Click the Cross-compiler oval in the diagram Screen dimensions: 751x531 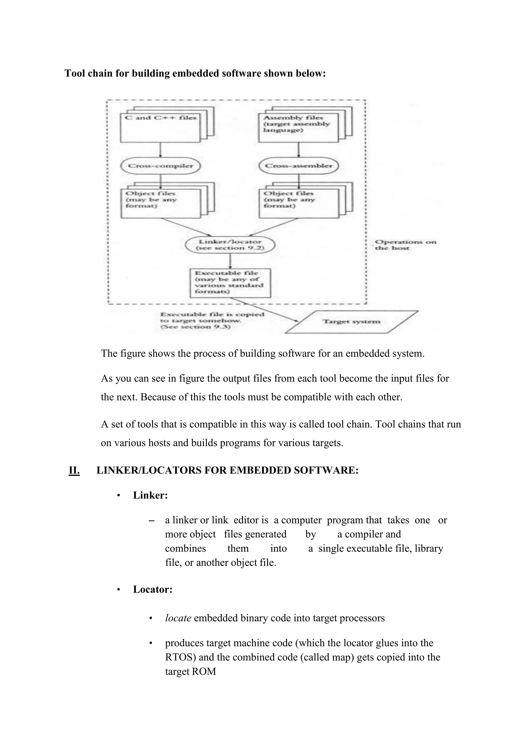[x=160, y=166]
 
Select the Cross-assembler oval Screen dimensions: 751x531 [x=298, y=166]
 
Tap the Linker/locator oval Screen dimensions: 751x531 [x=230, y=245]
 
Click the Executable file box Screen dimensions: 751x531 [x=230, y=283]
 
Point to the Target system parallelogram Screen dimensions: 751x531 [x=352, y=322]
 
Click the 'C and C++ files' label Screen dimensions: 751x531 [x=161, y=118]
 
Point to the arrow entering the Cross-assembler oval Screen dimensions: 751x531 [x=298, y=150]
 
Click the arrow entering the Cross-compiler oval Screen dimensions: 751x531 [x=160, y=150]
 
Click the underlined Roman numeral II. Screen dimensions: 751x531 [x=74, y=470]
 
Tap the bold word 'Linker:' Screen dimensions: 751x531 [x=150, y=495]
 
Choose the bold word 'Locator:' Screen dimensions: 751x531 [x=153, y=589]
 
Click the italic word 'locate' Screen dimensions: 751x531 [x=178, y=618]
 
